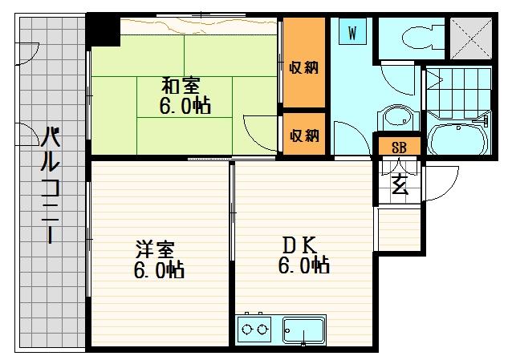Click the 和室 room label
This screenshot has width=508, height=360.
[181, 85]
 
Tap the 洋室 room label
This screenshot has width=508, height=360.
[155, 249]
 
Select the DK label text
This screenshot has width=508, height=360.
[299, 245]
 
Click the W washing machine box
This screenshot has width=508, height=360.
[352, 31]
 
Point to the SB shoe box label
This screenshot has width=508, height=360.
[399, 148]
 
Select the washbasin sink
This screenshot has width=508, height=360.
[399, 119]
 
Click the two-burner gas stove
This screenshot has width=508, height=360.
[254, 330]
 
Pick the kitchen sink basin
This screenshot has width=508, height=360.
[303, 330]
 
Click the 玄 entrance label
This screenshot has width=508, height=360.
[400, 186]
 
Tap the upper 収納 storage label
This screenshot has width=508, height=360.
[303, 67]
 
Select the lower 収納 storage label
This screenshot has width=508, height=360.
[304, 135]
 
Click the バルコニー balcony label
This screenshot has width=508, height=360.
[51, 185]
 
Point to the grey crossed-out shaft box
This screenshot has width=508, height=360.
[471, 38]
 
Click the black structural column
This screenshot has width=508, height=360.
[103, 31]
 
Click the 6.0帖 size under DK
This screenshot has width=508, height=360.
[304, 265]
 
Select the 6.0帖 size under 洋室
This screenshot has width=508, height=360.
[159, 270]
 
